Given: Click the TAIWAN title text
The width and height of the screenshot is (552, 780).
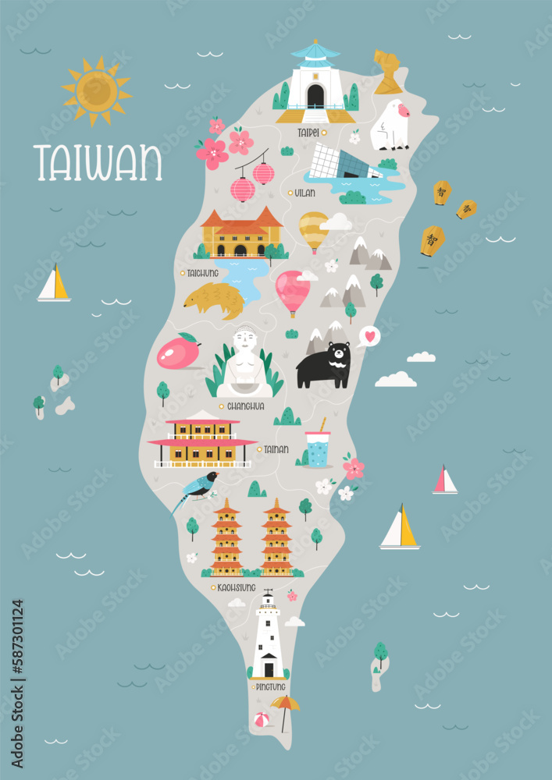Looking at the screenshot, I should click(x=98, y=161).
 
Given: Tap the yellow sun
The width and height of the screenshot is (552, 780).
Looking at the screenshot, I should click(x=97, y=90).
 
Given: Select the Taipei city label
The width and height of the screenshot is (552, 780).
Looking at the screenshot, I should click(x=308, y=133).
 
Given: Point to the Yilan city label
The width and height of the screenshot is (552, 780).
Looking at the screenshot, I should click(x=305, y=193).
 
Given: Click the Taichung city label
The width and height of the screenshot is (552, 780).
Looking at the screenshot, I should click(x=202, y=274).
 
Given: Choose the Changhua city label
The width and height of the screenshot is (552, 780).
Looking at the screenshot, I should click(x=245, y=406).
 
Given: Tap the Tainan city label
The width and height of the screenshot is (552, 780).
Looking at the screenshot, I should click(x=276, y=449).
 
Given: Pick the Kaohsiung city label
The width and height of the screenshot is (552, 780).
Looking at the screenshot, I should click(x=233, y=587).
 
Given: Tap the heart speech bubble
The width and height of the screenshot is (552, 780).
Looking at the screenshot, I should click(x=369, y=337).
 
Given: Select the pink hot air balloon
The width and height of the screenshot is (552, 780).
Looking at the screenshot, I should click(x=292, y=291).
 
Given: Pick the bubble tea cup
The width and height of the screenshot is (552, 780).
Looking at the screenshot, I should click(x=318, y=448).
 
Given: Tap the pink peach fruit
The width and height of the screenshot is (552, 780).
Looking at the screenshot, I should click(x=179, y=352).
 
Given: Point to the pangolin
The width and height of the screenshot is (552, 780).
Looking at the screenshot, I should click(x=214, y=300).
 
